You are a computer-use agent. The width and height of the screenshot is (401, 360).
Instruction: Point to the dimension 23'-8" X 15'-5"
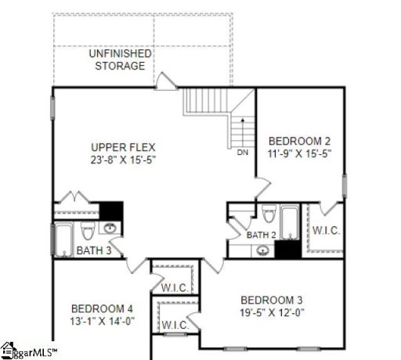(x=124, y=160)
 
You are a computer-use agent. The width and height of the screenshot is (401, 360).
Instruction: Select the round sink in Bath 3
(x=110, y=229)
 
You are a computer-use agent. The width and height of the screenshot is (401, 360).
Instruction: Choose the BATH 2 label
(x=261, y=235)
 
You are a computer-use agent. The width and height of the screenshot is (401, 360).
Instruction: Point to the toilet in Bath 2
(x=267, y=214)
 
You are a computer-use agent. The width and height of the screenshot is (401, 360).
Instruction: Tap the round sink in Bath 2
(x=264, y=250)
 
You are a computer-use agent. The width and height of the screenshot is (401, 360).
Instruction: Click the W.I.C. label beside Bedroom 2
(x=326, y=232)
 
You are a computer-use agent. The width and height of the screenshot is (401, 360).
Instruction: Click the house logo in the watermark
(x=9, y=348)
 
